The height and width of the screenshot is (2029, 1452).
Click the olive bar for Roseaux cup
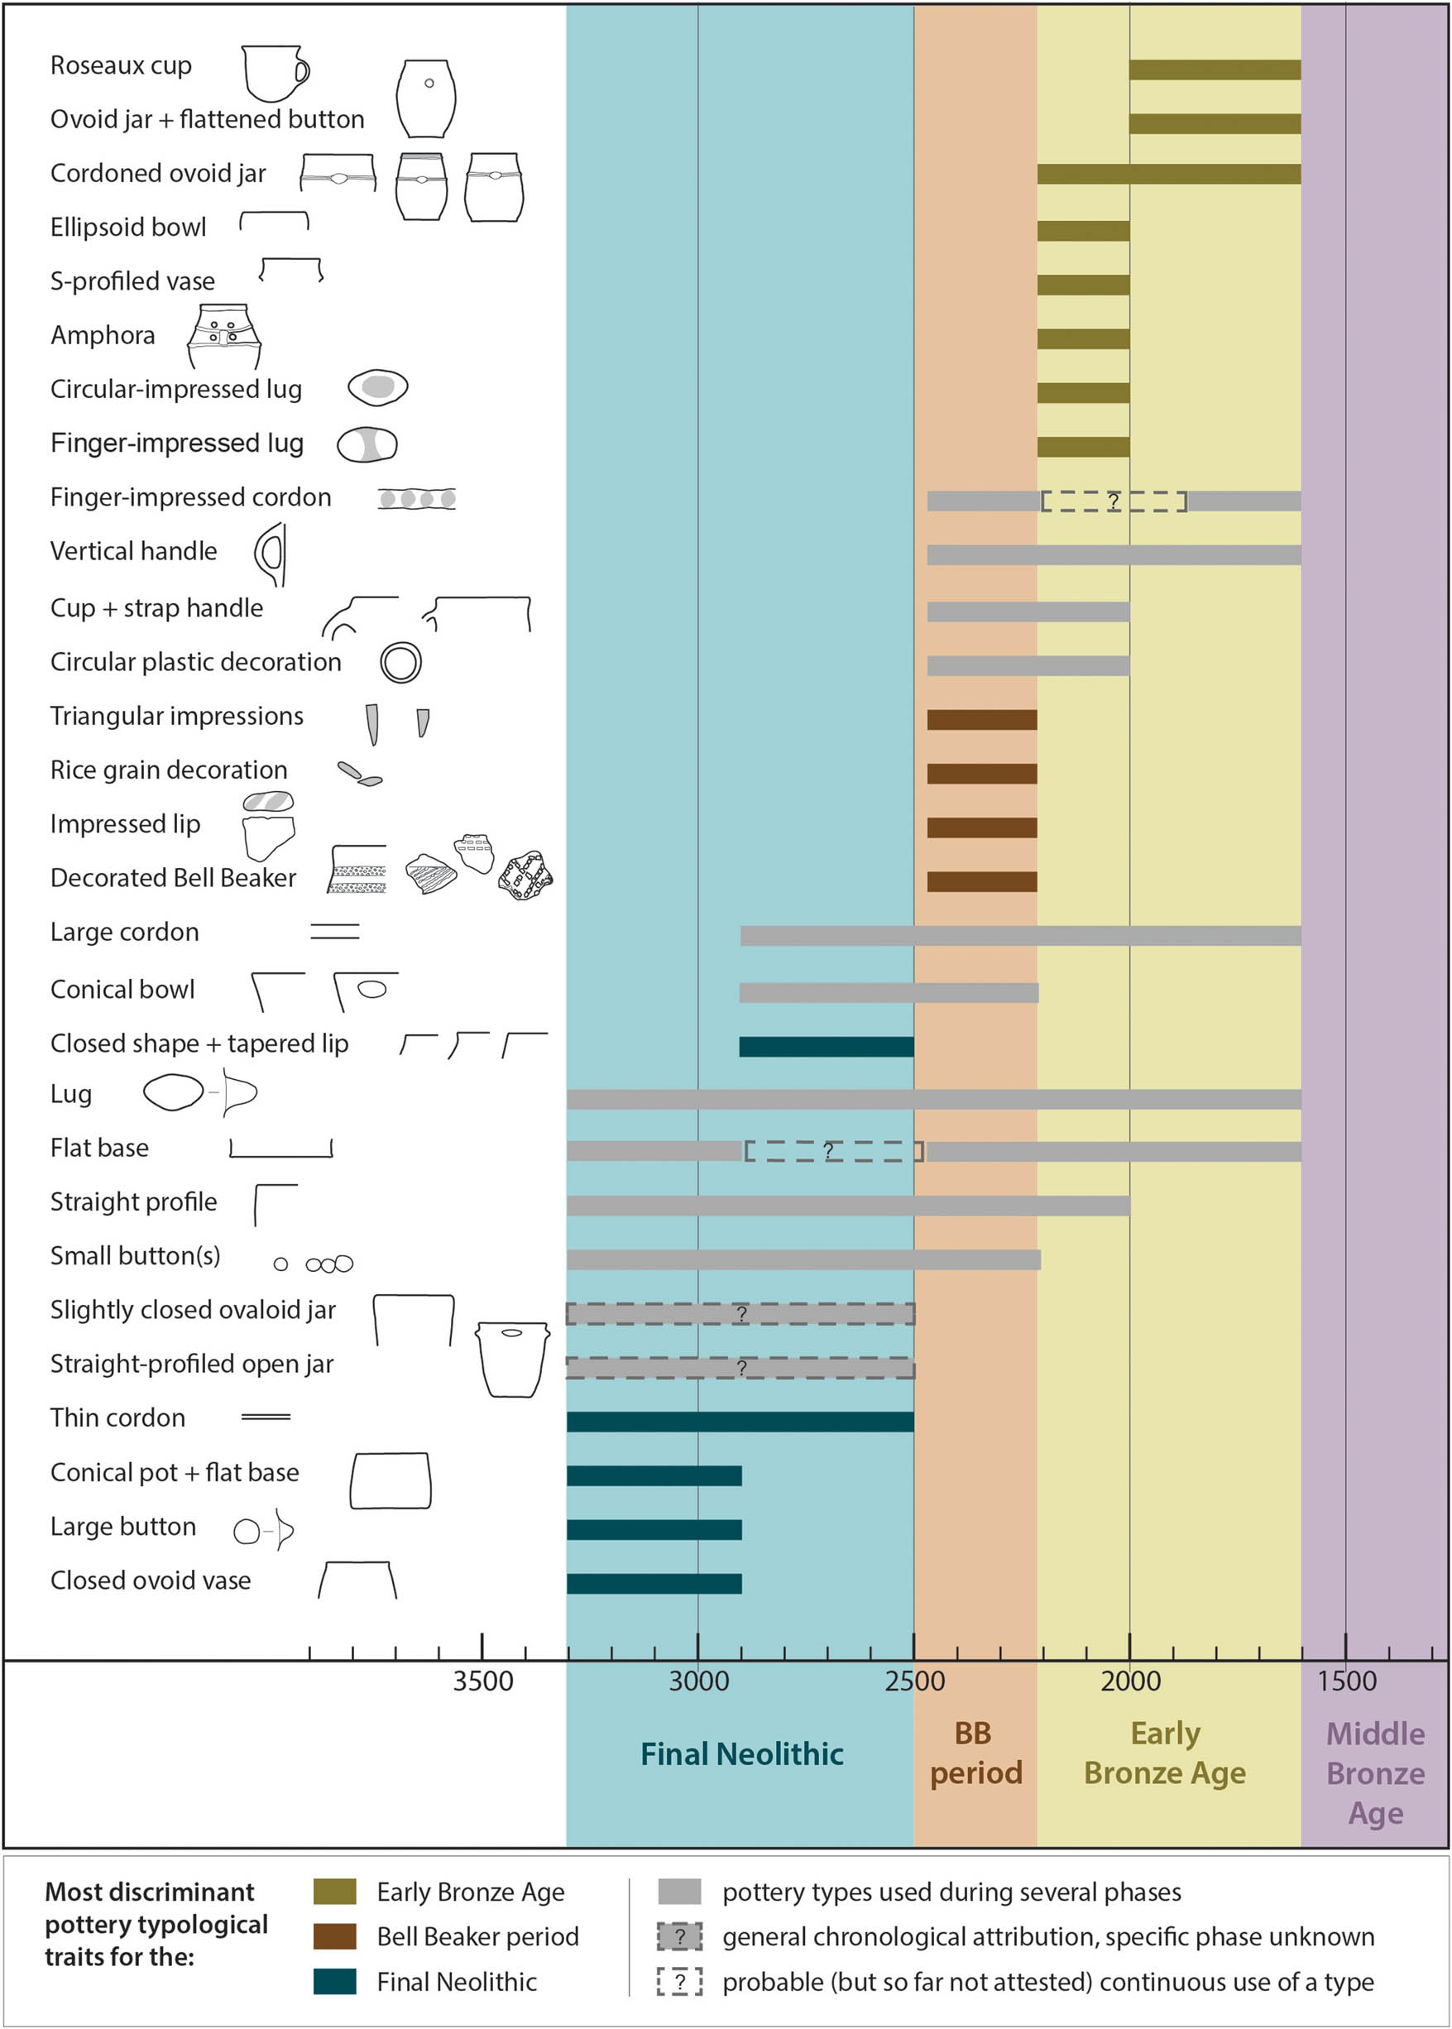(1215, 70)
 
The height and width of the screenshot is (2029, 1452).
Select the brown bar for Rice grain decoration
(982, 774)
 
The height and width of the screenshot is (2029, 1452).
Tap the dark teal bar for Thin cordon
(740, 1421)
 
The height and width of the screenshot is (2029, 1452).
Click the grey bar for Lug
(933, 1099)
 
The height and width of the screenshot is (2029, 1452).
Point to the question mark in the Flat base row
(828, 1151)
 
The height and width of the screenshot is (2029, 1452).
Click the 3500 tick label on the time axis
(483, 1681)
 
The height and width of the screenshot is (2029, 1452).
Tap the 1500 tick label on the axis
(1346, 1681)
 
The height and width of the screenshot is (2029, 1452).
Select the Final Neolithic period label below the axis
(741, 1753)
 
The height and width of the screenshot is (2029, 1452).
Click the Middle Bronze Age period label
(1375, 1772)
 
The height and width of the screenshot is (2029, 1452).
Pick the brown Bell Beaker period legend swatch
(334, 1936)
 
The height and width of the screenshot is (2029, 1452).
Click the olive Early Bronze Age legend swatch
(334, 1892)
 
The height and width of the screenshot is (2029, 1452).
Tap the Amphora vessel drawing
(223, 336)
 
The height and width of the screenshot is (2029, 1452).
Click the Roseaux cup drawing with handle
(275, 73)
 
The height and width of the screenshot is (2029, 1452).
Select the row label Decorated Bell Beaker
(173, 878)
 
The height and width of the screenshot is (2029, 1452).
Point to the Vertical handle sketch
(271, 554)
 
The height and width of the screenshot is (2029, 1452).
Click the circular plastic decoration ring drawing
(400, 663)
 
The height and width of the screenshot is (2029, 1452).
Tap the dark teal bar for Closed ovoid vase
(654, 1583)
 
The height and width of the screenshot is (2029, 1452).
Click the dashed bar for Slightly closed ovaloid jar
(740, 1313)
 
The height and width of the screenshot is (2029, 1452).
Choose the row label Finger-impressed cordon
(190, 497)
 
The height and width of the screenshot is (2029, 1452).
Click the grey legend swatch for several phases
(678, 1892)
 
